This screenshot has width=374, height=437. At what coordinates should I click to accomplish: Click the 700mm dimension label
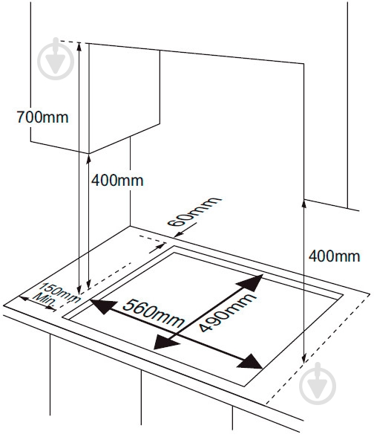coord(42,117)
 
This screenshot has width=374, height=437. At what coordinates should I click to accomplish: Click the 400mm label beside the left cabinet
coord(117,181)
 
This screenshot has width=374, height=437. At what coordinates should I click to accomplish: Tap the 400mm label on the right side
coord(334,256)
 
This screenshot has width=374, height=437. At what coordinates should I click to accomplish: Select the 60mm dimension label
coord(194,212)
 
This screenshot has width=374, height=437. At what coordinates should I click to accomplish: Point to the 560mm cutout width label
coord(154,313)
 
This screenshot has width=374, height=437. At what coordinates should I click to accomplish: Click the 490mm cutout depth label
coord(227,312)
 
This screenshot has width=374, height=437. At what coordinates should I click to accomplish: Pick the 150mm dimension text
coord(59,293)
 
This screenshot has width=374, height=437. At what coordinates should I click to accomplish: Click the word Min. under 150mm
coord(45,302)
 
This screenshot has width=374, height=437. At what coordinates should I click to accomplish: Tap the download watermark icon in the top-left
coord(56,59)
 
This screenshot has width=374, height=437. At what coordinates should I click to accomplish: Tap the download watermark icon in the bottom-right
coord(318,383)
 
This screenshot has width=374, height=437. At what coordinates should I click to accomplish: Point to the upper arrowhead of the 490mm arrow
coord(250,282)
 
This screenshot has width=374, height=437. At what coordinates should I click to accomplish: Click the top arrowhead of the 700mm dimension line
coord(79,47)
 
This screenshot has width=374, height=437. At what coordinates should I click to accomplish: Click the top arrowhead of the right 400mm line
coord(304,204)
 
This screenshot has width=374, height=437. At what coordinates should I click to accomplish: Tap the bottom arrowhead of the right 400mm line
coord(304,358)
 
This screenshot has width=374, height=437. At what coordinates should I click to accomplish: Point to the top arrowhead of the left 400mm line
coord(89,159)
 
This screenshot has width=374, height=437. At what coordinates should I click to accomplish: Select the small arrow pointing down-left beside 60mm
coord(179,233)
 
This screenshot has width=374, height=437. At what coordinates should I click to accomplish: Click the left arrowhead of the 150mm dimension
coord(24,299)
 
